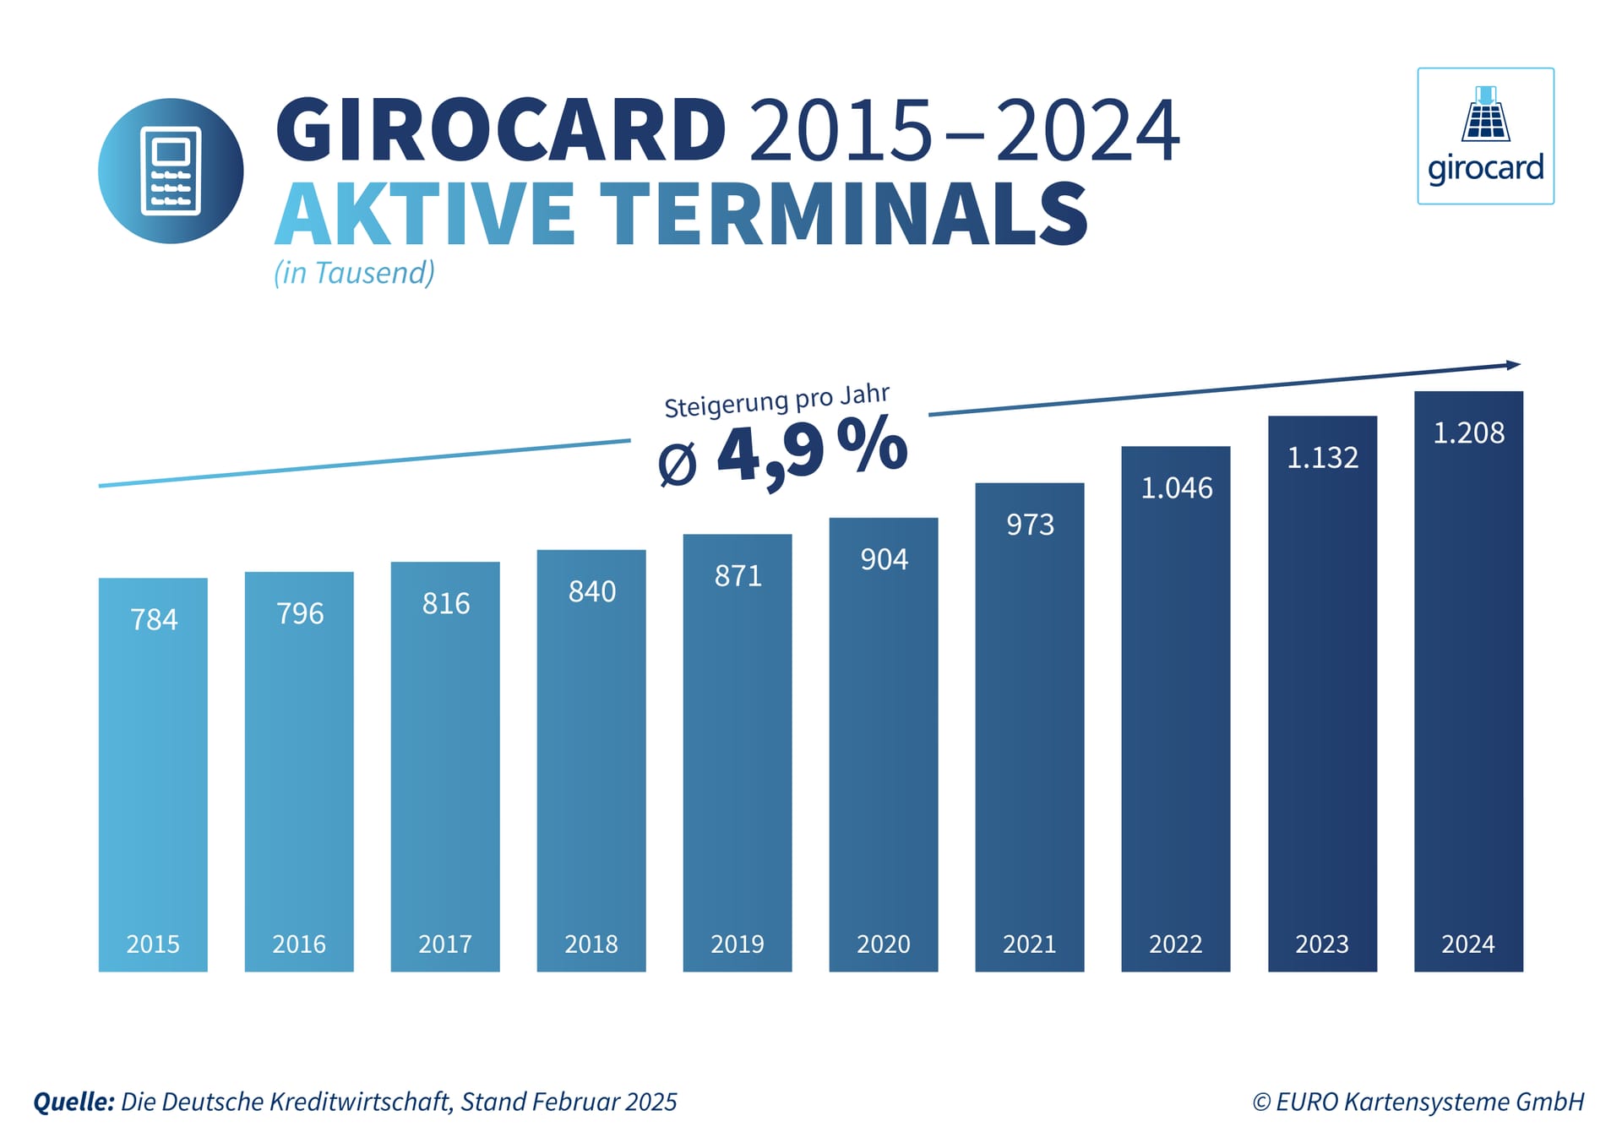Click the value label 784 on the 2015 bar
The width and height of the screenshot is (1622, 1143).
coord(154,620)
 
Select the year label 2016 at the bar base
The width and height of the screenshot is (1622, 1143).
coord(299,944)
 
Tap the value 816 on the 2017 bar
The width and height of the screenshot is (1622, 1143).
coord(446,604)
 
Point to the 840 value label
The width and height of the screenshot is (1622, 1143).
coord(592,592)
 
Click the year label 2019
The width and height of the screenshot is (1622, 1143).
coord(738,944)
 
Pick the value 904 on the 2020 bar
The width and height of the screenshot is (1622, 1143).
coord(884,559)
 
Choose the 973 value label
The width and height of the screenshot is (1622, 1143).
coord(1030,525)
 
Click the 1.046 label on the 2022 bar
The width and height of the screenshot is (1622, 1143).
coord(1176,488)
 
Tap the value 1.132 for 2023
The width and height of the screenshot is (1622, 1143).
coord(1322,458)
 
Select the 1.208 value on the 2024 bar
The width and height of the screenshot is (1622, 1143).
coord(1468,433)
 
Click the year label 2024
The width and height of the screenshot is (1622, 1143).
coord(1468,944)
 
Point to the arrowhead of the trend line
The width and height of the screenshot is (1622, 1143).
coord(1513,365)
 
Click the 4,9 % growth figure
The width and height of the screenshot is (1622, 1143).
coord(811,452)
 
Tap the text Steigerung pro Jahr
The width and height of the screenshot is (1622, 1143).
coord(776,401)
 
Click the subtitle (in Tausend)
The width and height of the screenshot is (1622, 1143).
coord(354,273)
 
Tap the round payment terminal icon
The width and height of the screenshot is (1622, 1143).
coord(171,171)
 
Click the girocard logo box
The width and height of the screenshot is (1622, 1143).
coord(1485,136)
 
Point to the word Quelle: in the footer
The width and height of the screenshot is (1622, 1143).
coord(73,1102)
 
